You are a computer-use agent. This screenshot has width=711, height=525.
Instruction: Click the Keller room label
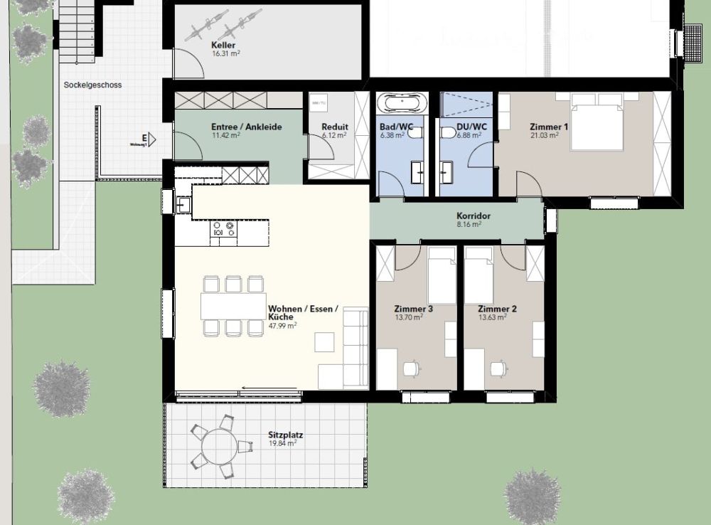(223, 44)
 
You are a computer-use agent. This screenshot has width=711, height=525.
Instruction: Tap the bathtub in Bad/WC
(402, 103)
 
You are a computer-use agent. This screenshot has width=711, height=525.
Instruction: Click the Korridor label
(474, 216)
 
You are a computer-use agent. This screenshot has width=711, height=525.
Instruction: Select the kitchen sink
(183, 205)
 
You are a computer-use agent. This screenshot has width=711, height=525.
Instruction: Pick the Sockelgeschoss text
(92, 85)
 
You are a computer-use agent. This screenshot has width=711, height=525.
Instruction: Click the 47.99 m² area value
(282, 326)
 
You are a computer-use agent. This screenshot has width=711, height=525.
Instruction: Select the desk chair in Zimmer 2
(497, 367)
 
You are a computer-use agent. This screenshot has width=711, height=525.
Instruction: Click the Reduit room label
(335, 127)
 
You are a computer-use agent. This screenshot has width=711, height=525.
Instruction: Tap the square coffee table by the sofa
(325, 342)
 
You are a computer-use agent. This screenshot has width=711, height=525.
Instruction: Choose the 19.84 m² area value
(282, 443)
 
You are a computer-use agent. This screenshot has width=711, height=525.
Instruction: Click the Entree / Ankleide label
(246, 127)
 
